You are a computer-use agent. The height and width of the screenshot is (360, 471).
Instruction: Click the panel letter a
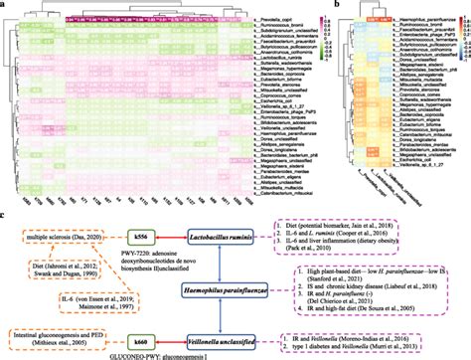click(x=6, y=5)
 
